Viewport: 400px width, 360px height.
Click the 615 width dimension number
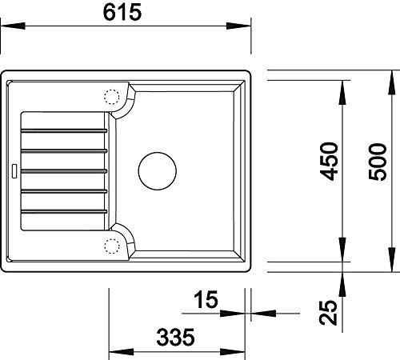(x=122, y=13)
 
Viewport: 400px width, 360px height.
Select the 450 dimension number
(x=329, y=162)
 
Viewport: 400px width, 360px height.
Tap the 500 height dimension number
(x=377, y=162)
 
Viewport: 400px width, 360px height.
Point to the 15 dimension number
(x=206, y=299)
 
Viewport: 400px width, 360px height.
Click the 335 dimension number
(x=175, y=338)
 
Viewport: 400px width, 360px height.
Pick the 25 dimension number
(x=329, y=313)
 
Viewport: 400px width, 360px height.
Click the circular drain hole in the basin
(x=158, y=171)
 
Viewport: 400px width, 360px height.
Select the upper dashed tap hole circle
(x=112, y=97)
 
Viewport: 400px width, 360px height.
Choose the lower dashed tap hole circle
(x=112, y=246)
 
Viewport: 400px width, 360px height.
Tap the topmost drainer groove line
(x=64, y=130)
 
